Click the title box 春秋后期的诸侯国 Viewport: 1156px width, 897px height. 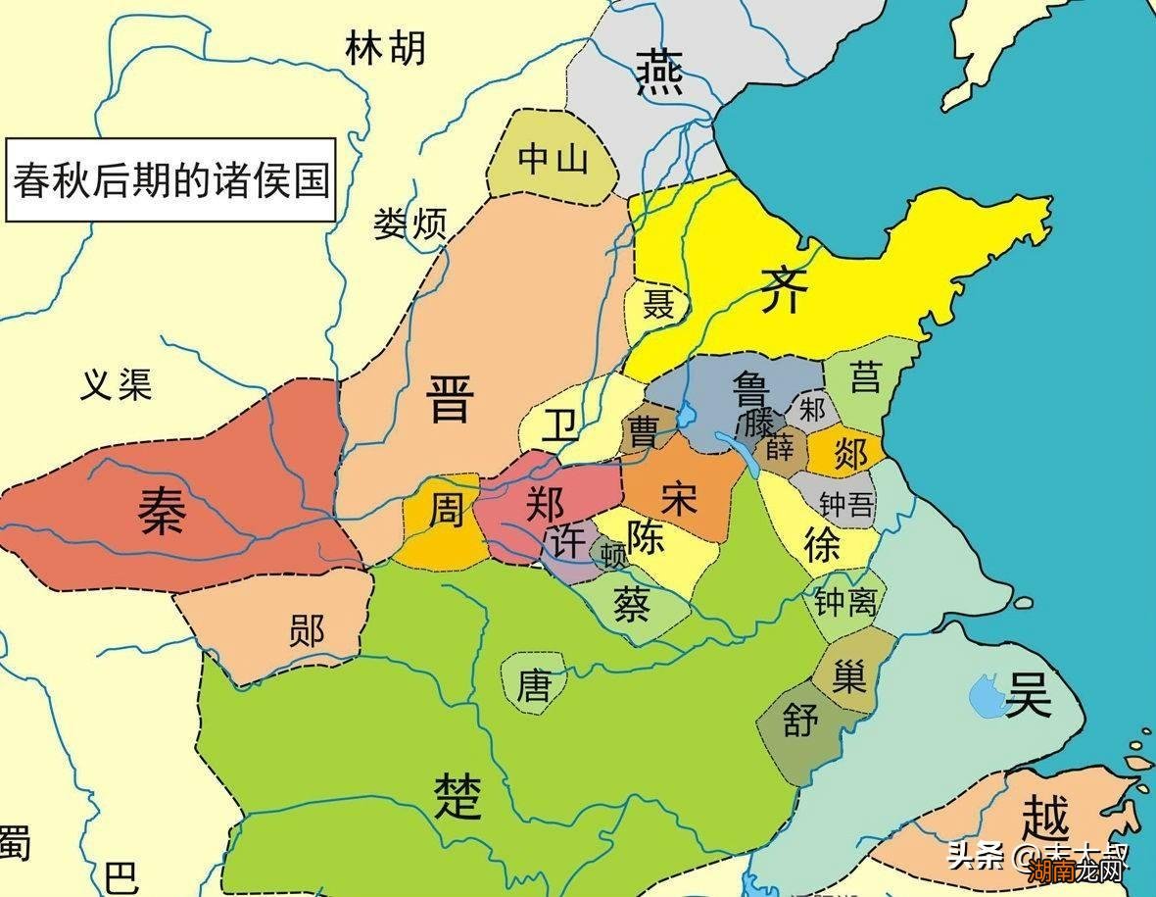(x=169, y=181)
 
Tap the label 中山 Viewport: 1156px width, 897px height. (x=554, y=158)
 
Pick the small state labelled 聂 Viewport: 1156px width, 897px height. (x=658, y=305)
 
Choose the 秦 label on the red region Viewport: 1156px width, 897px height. (x=162, y=513)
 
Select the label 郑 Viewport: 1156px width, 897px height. (x=546, y=503)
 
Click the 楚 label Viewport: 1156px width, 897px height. (x=458, y=794)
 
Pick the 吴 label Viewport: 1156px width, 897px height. (x=1028, y=696)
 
